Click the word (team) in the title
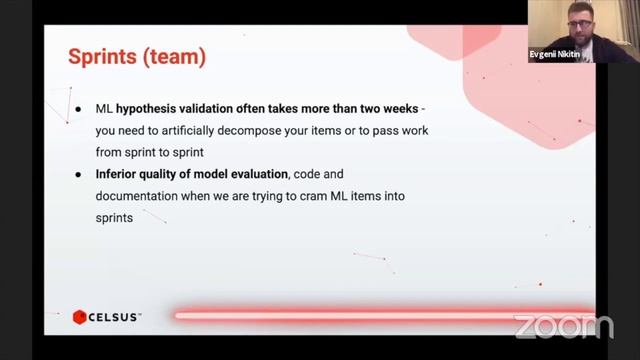tap(174, 57)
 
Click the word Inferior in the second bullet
tap(119, 175)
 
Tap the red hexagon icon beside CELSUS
tap(79, 317)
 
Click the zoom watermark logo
tap(563, 326)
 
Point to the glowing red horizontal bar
tap(380, 316)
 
